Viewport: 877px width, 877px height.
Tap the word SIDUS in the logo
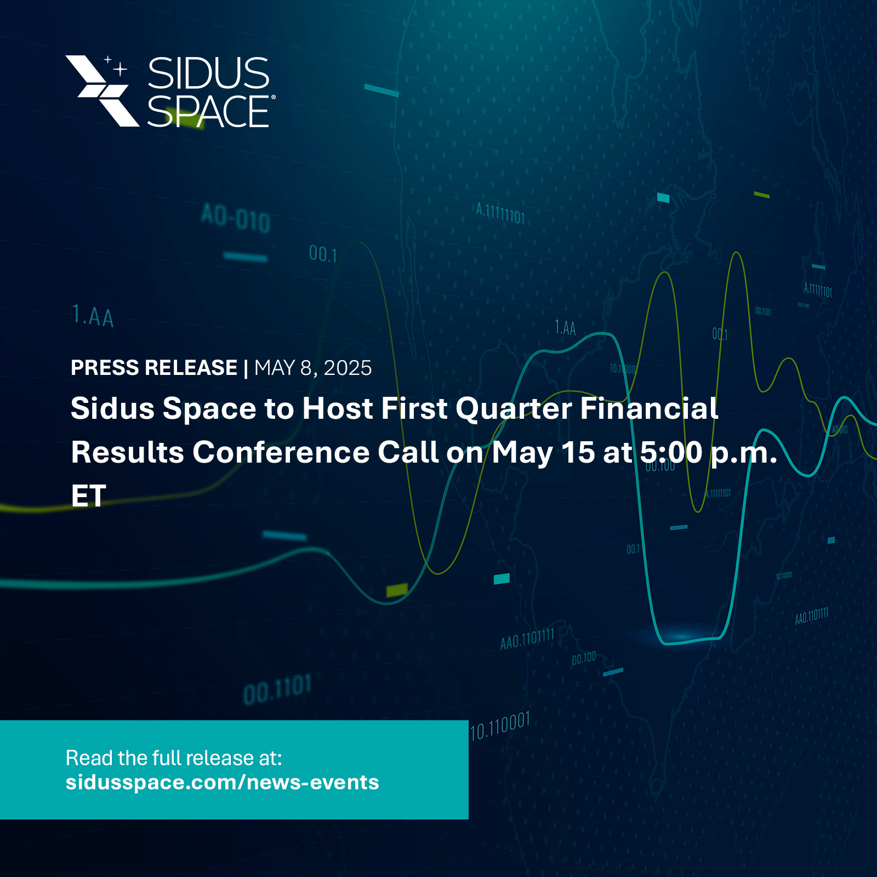click(208, 73)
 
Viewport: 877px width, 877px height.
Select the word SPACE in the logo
click(208, 112)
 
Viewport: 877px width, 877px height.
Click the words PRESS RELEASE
click(154, 368)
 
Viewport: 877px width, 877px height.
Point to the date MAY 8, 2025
click(313, 368)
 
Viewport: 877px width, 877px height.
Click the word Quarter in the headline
click(514, 409)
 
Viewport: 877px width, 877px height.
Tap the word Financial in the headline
click(649, 409)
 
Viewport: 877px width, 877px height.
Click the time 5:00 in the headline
click(671, 453)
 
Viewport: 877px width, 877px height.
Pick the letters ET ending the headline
click(88, 496)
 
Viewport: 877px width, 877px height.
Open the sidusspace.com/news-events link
click(222, 782)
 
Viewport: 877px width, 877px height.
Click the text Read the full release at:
click(174, 758)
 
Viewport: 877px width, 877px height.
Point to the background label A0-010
click(236, 218)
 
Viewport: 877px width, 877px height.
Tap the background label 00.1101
click(277, 690)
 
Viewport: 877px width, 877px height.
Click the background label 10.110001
click(500, 726)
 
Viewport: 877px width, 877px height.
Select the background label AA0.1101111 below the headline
click(527, 639)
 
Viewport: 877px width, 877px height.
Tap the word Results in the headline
click(127, 453)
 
